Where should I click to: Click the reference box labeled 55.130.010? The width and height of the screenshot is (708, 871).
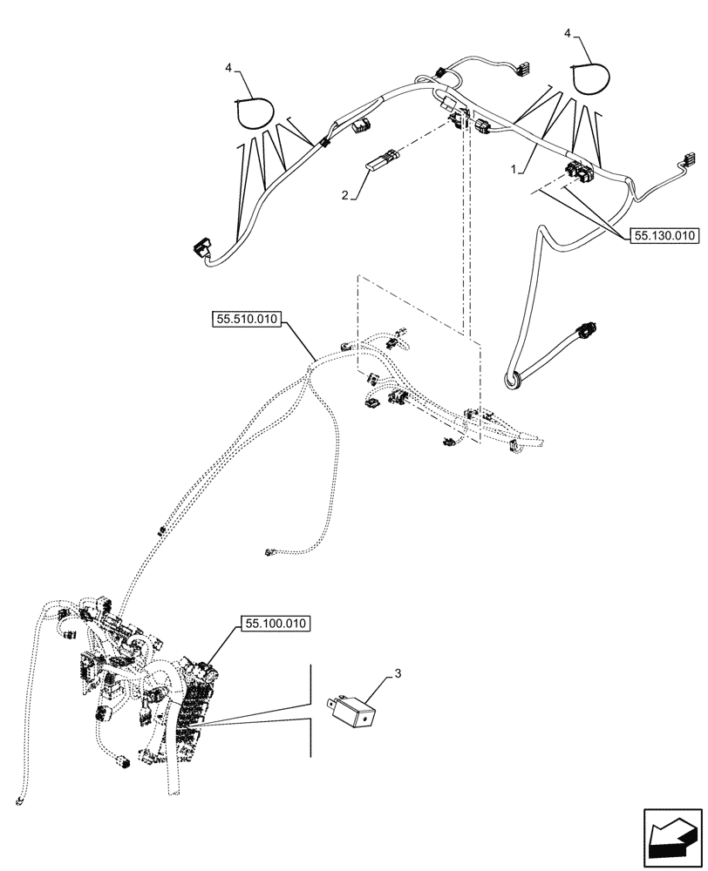(661, 235)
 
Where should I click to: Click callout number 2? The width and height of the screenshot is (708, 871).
(345, 198)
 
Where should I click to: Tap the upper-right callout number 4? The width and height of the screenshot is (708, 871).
(568, 33)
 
